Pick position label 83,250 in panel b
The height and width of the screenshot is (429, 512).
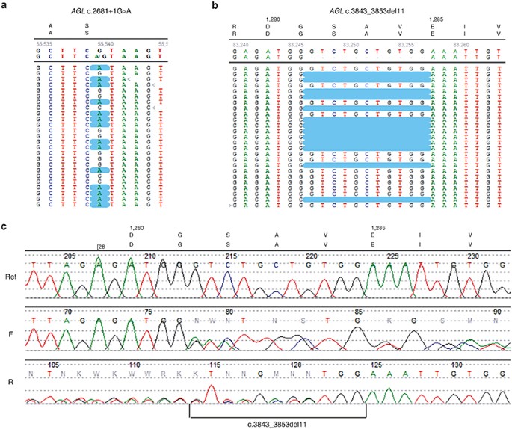point(351,45)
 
